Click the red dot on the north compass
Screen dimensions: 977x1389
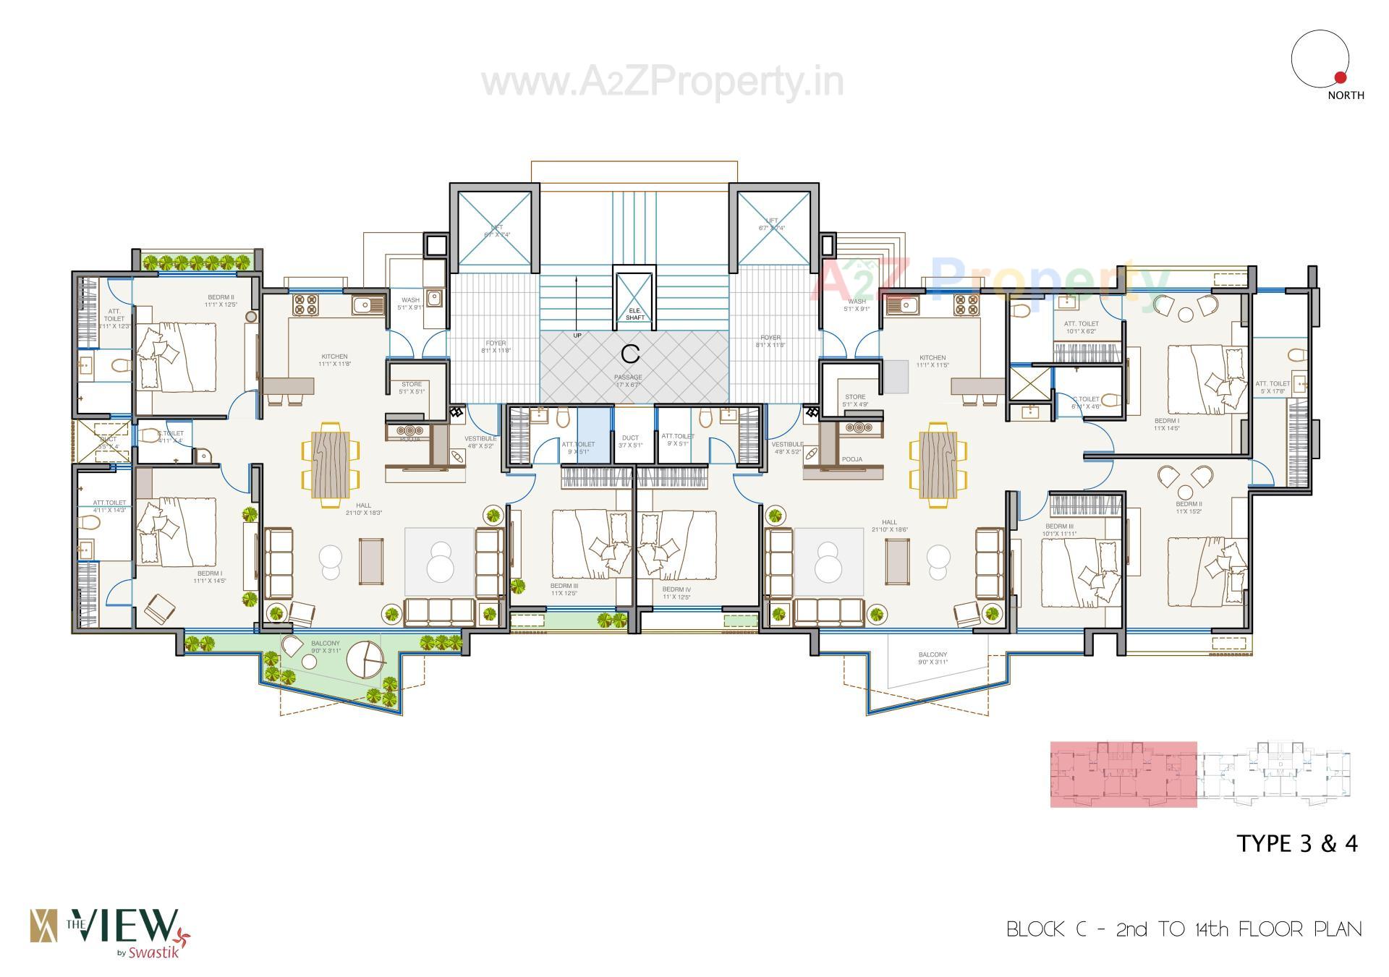click(x=1339, y=77)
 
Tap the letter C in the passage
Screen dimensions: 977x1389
click(x=631, y=354)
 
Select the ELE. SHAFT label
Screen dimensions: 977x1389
click(x=634, y=314)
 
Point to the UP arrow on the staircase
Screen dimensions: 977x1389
click(x=577, y=304)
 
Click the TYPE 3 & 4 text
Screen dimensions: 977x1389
click(x=1297, y=843)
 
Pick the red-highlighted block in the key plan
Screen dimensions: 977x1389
click(x=1123, y=774)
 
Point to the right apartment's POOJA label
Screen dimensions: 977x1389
click(x=851, y=459)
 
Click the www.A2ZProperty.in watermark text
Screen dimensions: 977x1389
click(x=662, y=83)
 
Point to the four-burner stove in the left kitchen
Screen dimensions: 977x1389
click(x=303, y=304)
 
